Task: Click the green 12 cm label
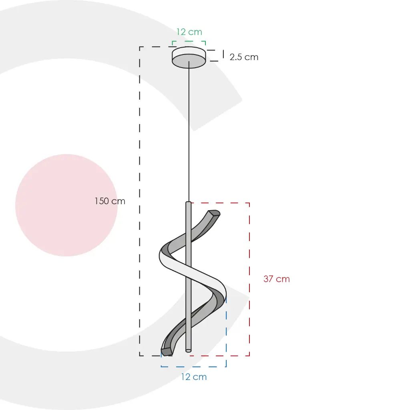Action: pos(189,32)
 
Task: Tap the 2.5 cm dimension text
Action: pos(244,57)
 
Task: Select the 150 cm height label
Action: pos(110,201)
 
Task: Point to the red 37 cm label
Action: pos(276,279)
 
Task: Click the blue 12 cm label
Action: pos(194,377)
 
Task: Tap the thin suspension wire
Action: pos(189,132)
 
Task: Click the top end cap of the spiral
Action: pos(214,213)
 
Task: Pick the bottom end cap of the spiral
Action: pos(166,352)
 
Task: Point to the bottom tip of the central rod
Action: pos(189,350)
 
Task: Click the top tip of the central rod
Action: pos(189,203)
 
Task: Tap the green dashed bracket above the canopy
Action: pos(189,41)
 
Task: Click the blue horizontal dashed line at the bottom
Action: pos(194,366)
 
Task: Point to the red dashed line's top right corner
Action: pos(249,203)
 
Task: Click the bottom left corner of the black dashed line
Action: pos(140,356)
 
